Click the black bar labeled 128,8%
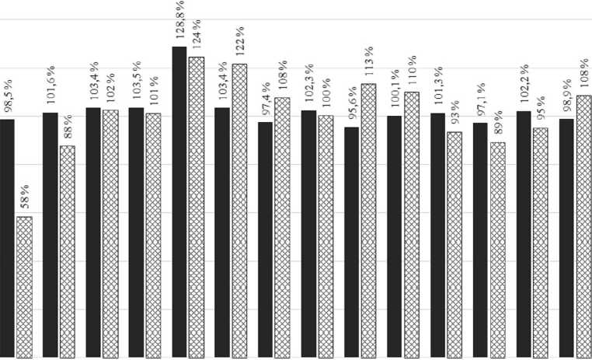click(x=179, y=202)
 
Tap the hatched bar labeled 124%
click(x=196, y=207)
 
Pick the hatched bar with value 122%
click(x=239, y=210)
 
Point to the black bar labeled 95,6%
click(x=351, y=242)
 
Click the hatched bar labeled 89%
click(x=497, y=250)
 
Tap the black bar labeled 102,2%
click(x=524, y=234)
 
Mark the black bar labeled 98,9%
click(x=566, y=238)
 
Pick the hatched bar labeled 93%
click(x=454, y=244)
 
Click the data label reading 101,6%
click(x=50, y=93)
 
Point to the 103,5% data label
click(x=137, y=88)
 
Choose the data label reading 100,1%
click(x=395, y=96)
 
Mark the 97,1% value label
click(x=480, y=103)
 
